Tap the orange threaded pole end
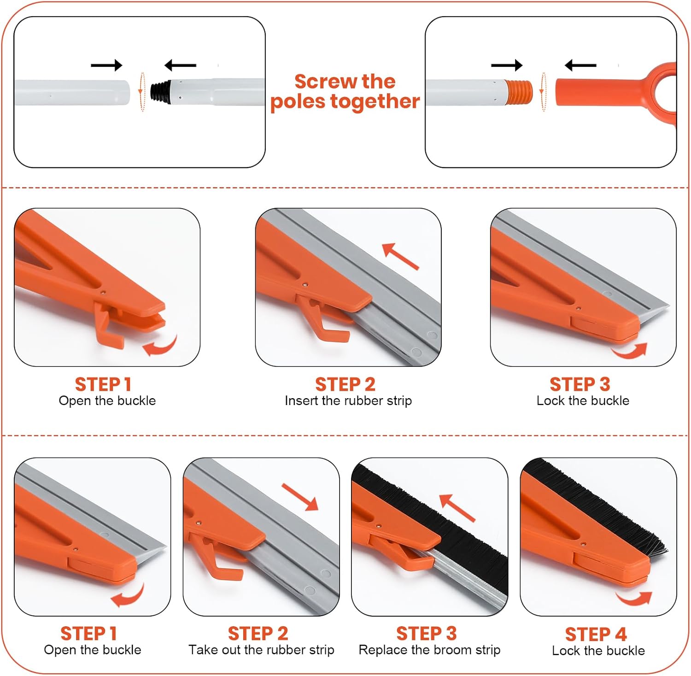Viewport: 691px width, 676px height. tap(519, 92)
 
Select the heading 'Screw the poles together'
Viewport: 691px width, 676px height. tap(345, 91)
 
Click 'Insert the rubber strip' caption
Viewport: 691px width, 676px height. tap(348, 400)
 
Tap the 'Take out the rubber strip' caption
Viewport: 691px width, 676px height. tap(261, 650)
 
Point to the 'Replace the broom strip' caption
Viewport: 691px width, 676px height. tap(429, 650)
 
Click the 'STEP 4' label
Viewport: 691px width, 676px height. tap(596, 634)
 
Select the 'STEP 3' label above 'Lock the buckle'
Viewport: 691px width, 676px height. tap(580, 384)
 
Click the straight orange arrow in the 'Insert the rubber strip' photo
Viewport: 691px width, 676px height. tap(401, 256)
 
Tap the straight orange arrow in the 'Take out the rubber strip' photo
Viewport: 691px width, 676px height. tap(300, 497)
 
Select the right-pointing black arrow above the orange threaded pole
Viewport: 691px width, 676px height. tap(507, 65)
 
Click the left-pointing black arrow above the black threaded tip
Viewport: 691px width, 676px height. tap(181, 65)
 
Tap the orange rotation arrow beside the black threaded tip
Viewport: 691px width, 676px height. tap(142, 92)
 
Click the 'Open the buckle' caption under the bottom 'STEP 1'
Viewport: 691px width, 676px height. tap(93, 650)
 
